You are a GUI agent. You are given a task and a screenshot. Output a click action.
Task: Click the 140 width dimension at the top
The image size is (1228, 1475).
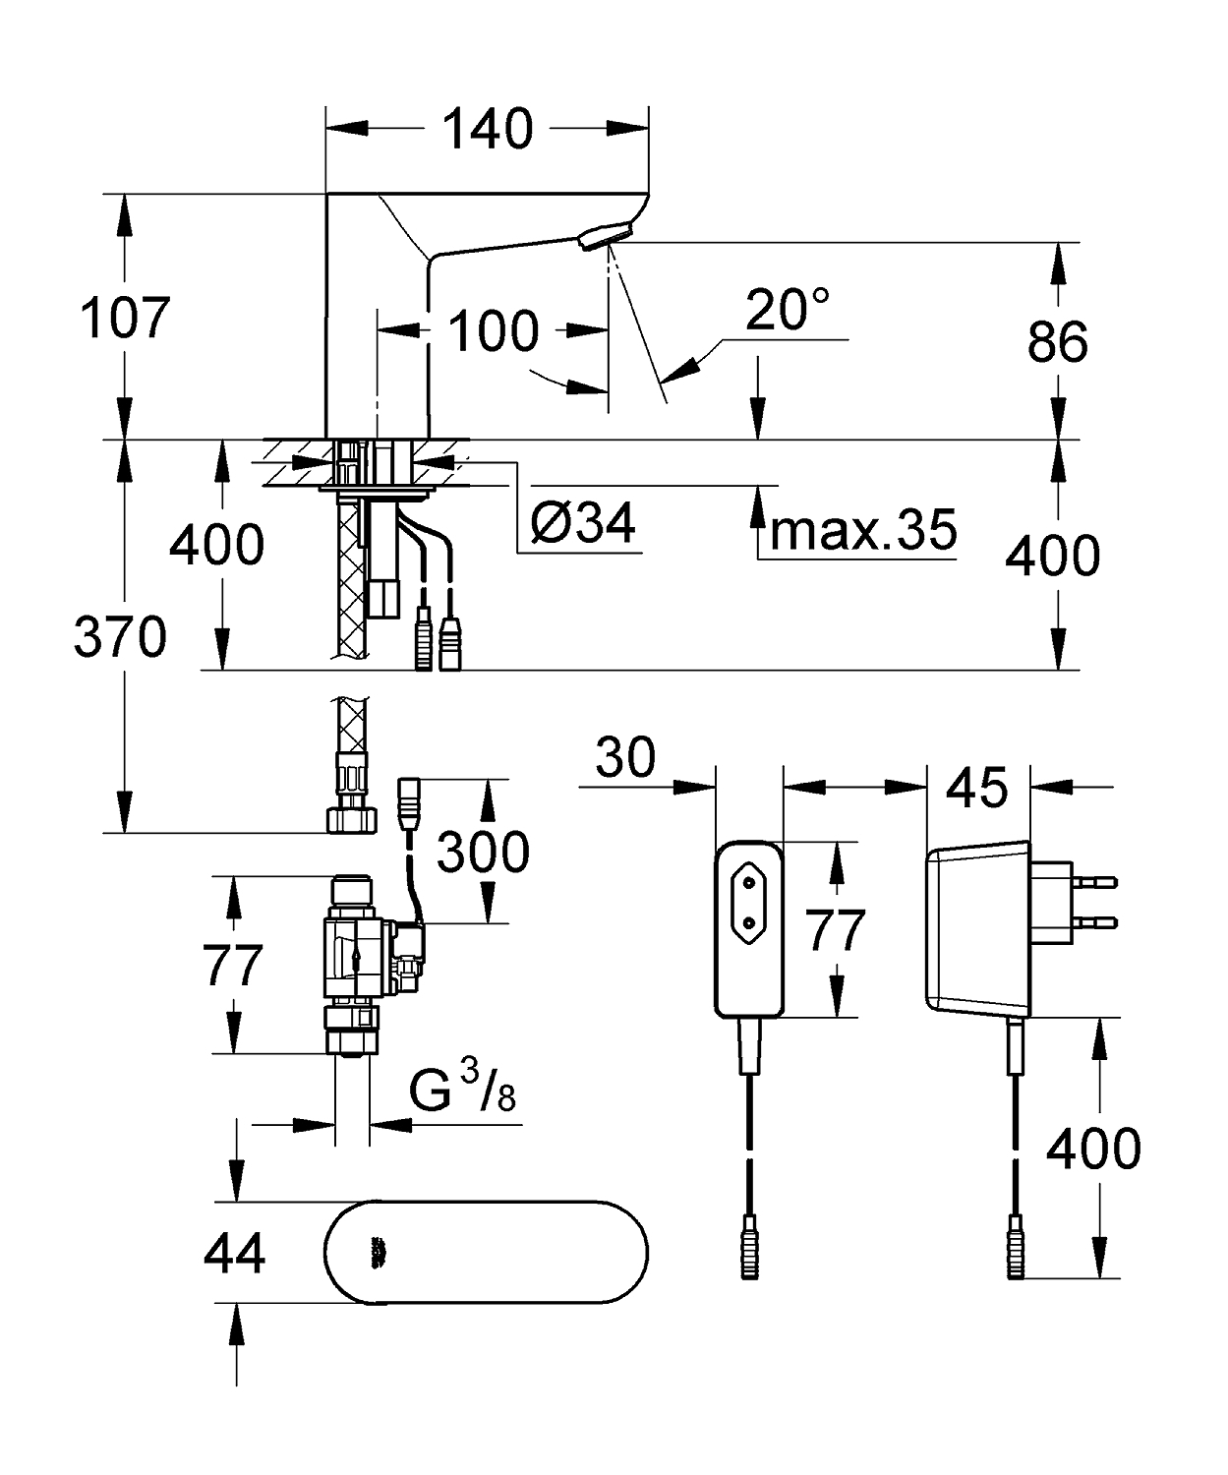[487, 129]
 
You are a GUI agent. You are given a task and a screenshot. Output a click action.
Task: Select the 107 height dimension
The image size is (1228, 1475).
[125, 318]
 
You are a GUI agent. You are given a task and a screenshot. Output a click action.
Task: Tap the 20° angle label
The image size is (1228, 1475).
[788, 310]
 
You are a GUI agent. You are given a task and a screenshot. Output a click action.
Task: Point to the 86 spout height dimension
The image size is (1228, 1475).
[1057, 342]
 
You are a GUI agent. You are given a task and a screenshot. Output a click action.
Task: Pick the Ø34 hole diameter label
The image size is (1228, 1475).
[584, 523]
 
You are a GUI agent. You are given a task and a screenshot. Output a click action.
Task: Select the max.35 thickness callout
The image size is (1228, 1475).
[863, 530]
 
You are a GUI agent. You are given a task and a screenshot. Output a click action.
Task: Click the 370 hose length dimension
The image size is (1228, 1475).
[120, 636]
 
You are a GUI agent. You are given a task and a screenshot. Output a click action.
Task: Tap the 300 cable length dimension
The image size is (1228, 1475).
[483, 852]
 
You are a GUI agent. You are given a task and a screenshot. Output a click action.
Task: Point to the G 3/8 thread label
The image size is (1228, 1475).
[462, 1091]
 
